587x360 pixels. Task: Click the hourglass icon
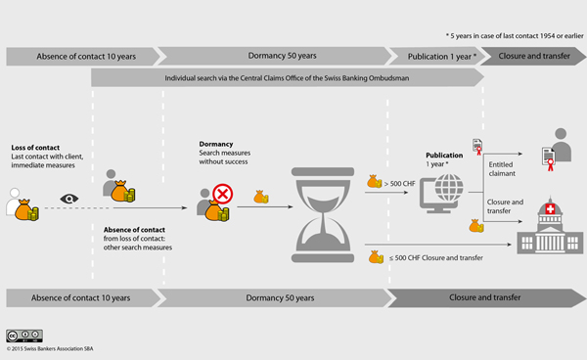click(323, 215)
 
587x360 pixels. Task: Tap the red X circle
click(223, 194)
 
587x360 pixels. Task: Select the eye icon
click(69, 199)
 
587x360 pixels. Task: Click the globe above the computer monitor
click(449, 188)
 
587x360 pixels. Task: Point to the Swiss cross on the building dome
click(550, 208)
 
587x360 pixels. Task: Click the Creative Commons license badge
click(24, 336)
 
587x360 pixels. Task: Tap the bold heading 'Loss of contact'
click(35, 148)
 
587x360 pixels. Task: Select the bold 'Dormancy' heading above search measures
click(216, 144)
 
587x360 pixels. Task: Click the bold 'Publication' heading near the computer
click(444, 155)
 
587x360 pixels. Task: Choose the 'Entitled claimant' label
click(502, 169)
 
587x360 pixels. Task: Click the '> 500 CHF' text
click(400, 184)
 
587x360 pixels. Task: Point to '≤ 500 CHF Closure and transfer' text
click(436, 258)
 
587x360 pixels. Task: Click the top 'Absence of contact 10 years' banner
click(83, 57)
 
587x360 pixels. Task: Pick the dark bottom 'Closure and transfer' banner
click(486, 297)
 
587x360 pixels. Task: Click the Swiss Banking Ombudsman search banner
click(287, 78)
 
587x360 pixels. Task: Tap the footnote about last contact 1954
click(515, 36)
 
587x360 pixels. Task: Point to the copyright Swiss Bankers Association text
click(50, 349)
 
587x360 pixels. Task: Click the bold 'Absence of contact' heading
click(134, 230)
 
